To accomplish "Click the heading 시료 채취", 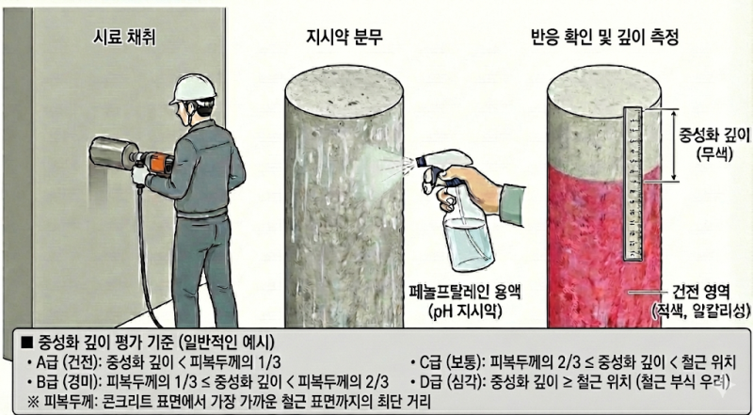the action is (124, 38).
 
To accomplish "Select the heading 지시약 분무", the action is (344, 38).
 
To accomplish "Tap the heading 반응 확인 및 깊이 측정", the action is (604, 38).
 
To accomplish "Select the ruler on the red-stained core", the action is (633, 184).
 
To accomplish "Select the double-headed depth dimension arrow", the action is (675, 145).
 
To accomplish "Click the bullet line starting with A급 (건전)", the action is (154, 361).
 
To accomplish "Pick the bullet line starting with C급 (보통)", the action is (574, 361).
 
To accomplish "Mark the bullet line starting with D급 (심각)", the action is (569, 382).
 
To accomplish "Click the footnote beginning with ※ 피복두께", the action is (227, 401).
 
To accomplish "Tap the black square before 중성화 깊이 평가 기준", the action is (27, 343).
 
